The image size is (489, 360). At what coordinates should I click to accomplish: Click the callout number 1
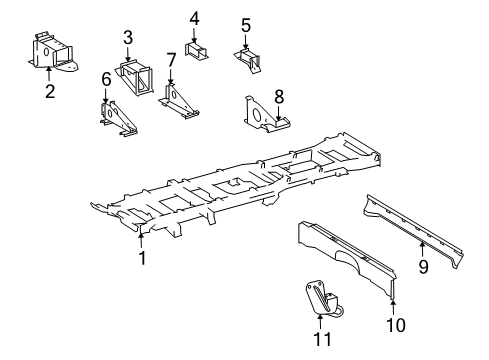(x=142, y=257)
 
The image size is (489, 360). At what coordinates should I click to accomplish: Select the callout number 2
(x=48, y=93)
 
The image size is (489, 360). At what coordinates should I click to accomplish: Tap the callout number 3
(x=128, y=38)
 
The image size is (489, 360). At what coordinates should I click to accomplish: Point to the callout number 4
(x=194, y=17)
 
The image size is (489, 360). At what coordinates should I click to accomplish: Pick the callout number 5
(x=245, y=25)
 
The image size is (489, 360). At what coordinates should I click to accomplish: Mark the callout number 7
(x=172, y=61)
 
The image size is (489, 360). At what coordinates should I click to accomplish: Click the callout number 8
(x=279, y=97)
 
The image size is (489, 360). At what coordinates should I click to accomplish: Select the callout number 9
(x=423, y=266)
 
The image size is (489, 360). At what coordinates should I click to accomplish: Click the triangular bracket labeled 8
(x=262, y=116)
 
